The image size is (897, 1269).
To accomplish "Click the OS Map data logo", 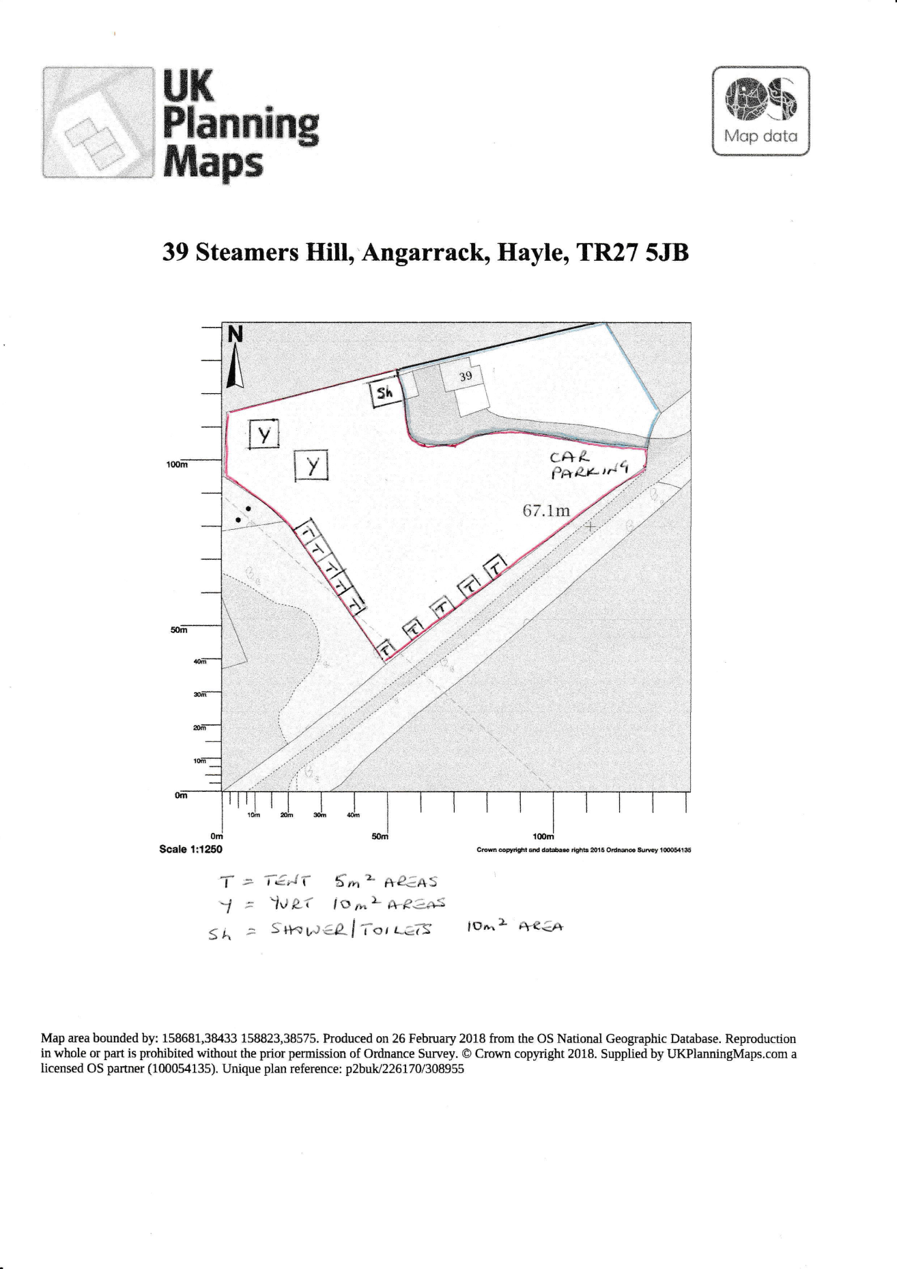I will pyautogui.click(x=760, y=111).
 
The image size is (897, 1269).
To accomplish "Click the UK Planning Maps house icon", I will pyautogui.click(x=98, y=123).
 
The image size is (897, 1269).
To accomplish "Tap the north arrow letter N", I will pyautogui.click(x=235, y=334).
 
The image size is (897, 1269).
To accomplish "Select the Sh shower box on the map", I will pyautogui.click(x=386, y=394).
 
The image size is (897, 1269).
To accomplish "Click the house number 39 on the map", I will pyautogui.click(x=466, y=376).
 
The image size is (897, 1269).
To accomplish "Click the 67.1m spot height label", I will pyautogui.click(x=546, y=510).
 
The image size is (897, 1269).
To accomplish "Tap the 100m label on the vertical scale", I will pyautogui.click(x=177, y=464).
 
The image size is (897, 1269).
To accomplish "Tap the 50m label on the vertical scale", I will pyautogui.click(x=179, y=629).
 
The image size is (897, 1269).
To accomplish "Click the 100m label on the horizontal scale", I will pyautogui.click(x=543, y=836).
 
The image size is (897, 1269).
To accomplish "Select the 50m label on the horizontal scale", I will pyautogui.click(x=380, y=836).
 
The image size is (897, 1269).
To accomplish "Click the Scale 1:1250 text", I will pyautogui.click(x=190, y=849).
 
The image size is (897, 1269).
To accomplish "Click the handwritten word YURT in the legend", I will pyautogui.click(x=293, y=904).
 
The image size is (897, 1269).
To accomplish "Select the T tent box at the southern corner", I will pyautogui.click(x=386, y=648).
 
